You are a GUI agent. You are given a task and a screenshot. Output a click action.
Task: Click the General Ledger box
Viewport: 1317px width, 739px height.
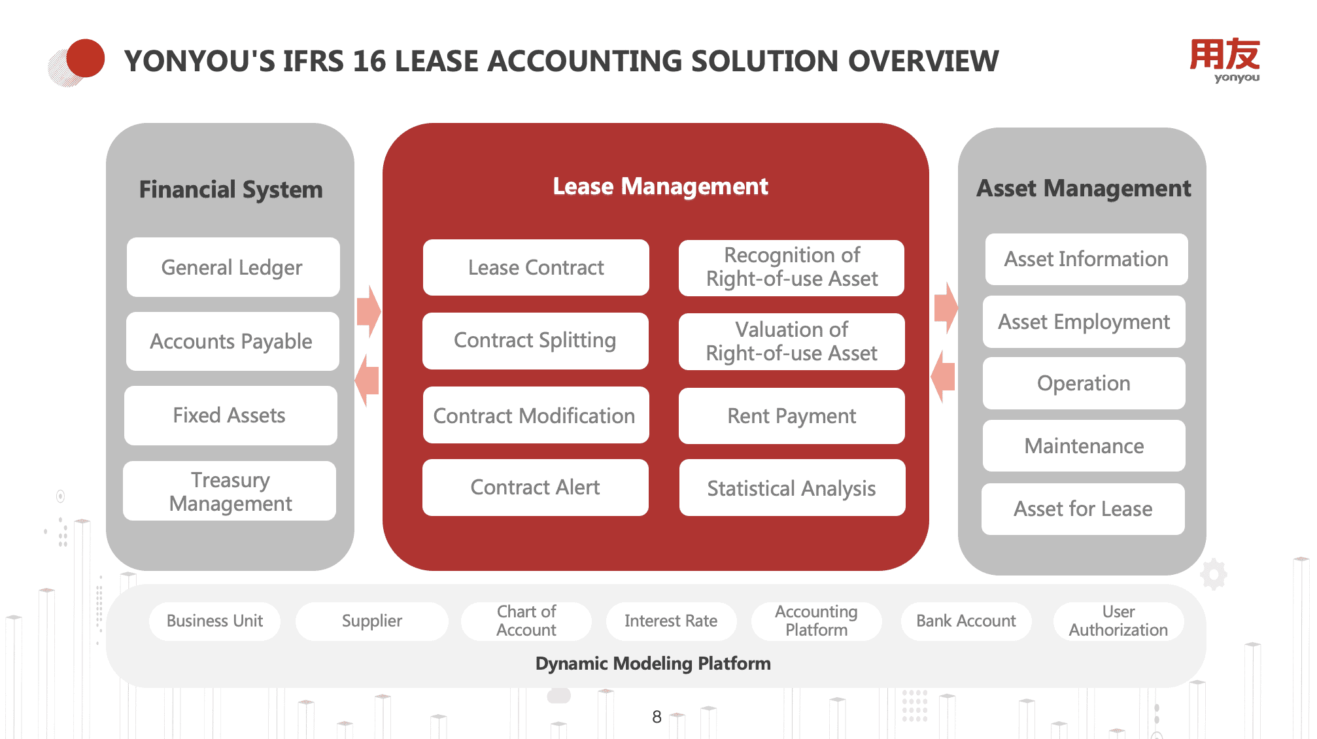233,267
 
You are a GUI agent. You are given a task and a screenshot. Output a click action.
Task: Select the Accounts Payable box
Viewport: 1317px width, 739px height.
232,341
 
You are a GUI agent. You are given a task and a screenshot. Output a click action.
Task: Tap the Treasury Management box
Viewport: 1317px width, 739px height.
230,491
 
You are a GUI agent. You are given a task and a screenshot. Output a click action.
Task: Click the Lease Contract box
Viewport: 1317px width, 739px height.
536,267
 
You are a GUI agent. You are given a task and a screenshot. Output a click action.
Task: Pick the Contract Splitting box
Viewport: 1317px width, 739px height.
535,341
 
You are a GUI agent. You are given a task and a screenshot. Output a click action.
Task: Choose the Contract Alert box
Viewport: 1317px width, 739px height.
535,487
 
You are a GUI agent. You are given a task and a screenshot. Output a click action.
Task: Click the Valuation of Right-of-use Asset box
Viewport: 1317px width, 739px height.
791,341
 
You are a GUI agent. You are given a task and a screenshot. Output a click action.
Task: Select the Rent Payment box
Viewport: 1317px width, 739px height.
791,416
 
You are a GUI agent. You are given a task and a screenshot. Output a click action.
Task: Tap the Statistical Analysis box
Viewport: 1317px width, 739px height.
791,488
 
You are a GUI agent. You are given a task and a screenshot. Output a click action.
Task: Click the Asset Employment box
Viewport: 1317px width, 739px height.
1084,322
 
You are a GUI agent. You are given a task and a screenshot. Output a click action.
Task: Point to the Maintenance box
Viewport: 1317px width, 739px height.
1084,446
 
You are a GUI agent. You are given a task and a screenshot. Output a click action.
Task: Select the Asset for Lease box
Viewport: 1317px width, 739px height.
1083,509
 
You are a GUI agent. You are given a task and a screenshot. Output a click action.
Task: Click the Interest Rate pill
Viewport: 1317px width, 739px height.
671,621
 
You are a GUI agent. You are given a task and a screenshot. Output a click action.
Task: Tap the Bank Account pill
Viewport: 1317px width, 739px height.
966,621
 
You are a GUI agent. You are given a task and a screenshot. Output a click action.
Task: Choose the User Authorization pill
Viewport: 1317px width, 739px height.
1118,621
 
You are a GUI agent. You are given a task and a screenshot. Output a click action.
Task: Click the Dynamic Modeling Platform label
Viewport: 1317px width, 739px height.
653,664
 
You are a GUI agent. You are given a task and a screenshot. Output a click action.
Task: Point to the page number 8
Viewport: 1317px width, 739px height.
657,717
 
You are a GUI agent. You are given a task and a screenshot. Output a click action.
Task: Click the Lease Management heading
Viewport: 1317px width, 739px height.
660,186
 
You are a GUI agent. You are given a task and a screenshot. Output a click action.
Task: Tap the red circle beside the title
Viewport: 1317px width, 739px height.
86,58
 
